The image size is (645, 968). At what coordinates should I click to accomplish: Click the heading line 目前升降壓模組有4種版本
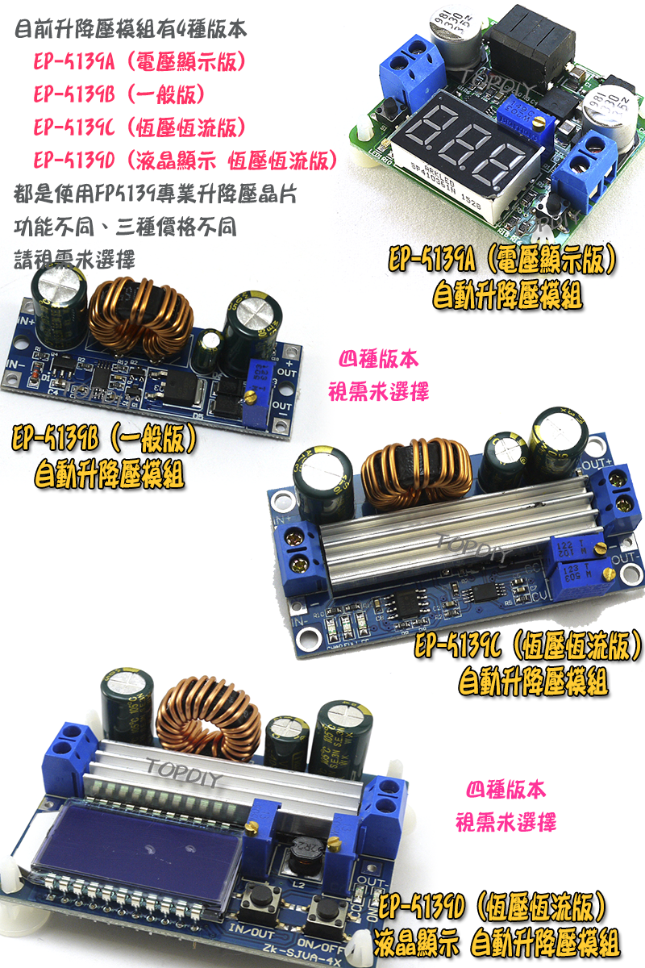pos(131,33)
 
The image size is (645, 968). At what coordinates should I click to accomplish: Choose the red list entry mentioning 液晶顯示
pos(185,160)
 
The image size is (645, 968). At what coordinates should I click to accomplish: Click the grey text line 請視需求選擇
pos(74,259)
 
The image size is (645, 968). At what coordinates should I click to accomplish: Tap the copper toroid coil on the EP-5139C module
pos(416,475)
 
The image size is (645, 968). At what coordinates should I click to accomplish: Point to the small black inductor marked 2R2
pos(305,853)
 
